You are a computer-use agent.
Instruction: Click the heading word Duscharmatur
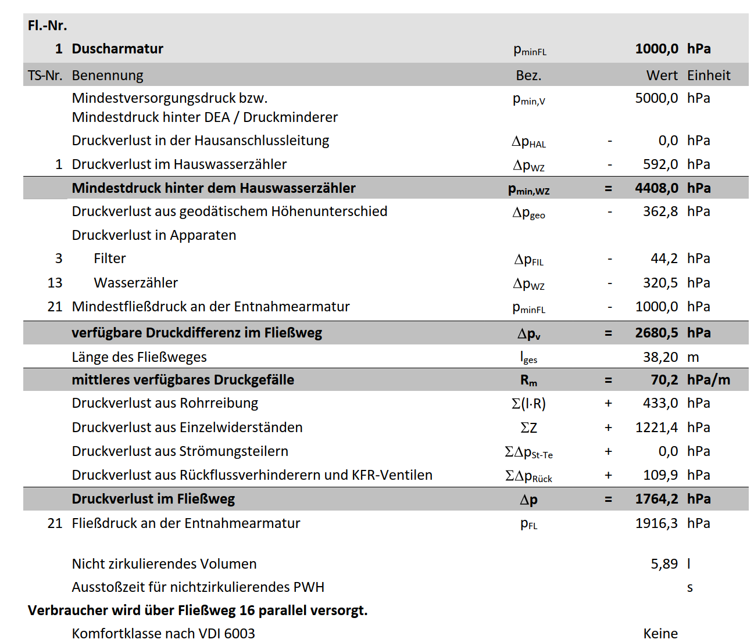point(117,49)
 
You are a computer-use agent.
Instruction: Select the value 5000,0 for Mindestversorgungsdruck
point(656,98)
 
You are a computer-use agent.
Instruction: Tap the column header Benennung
point(108,76)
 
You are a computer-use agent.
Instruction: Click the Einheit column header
point(709,76)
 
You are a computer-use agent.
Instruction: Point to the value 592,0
point(660,164)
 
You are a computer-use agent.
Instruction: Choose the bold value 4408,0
point(656,188)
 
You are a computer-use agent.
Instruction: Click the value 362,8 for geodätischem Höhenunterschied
point(660,211)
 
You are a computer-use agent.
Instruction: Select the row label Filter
point(110,258)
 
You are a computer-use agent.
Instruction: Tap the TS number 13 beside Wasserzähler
point(55,283)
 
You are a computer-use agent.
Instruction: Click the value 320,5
point(660,283)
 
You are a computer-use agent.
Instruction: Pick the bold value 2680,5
point(656,333)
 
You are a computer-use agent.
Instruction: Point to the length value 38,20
point(660,357)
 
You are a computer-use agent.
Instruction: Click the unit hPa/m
point(708,380)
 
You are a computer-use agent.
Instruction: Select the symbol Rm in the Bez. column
point(528,380)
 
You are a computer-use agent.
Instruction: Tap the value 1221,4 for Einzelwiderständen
point(656,428)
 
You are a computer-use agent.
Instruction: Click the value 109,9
point(660,475)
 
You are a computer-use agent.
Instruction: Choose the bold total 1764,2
point(656,499)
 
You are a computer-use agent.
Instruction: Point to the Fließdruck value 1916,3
point(656,523)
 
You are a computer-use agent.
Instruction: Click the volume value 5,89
point(664,564)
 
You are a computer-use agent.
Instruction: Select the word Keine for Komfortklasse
point(660,634)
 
